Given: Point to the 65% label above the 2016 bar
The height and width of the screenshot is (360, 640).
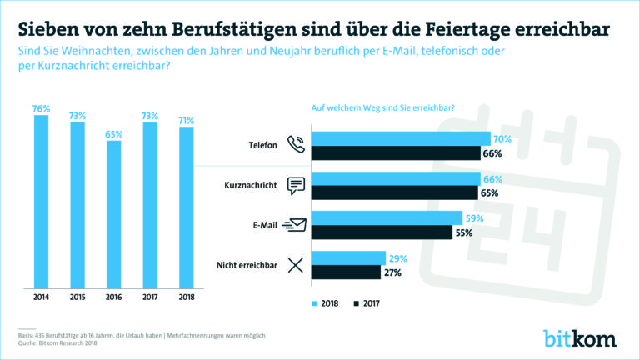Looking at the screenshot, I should (x=113, y=132).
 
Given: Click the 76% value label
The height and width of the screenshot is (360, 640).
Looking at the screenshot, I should (x=42, y=107).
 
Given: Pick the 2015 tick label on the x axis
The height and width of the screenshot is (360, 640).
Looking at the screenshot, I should (x=77, y=296).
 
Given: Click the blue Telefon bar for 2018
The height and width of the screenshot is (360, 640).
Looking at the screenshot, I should (x=401, y=138).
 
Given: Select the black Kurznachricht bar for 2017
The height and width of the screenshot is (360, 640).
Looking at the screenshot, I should (x=396, y=192).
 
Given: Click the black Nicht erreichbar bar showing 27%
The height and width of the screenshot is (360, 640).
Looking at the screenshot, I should (x=347, y=272).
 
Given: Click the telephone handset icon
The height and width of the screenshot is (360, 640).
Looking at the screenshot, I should (x=295, y=145).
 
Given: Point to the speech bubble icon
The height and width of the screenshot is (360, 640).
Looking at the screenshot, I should (x=296, y=185).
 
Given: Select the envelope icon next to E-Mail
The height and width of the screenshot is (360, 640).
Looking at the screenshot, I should (x=295, y=224).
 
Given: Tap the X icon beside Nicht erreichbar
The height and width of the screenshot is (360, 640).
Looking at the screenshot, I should (x=295, y=265).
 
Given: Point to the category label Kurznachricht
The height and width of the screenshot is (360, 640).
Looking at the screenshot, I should (x=251, y=185).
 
